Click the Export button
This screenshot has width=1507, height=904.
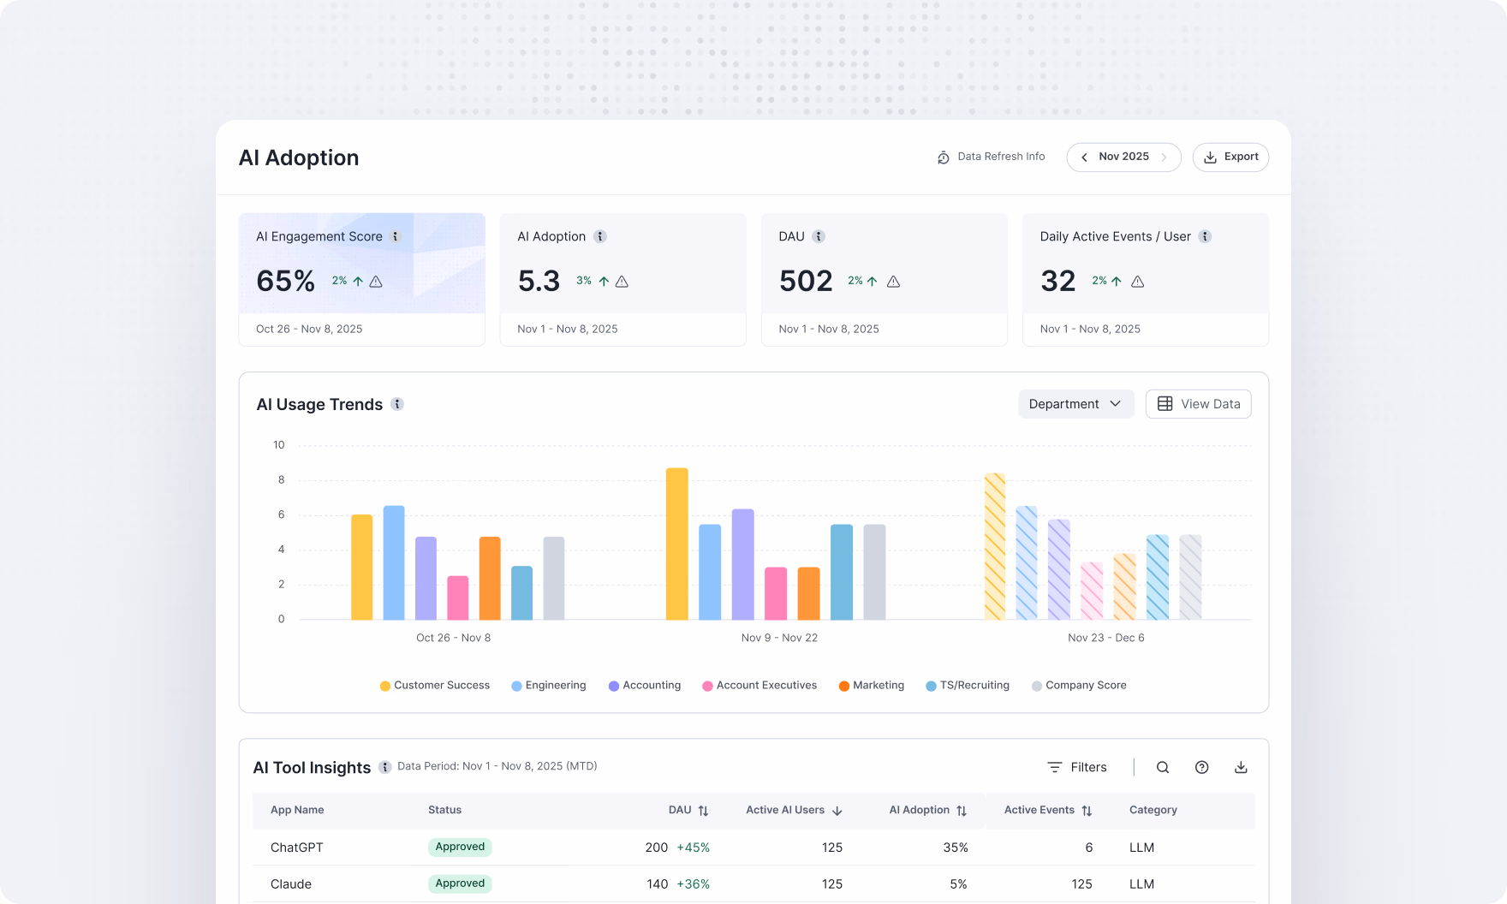point(1230,158)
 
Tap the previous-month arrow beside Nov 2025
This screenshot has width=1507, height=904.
point(1084,158)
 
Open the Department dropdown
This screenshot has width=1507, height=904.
point(1075,404)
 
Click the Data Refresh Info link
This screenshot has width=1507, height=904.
point(992,157)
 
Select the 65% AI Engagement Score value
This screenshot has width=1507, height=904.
point(286,281)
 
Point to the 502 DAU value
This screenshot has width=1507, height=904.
point(805,281)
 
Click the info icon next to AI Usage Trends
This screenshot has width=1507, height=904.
point(397,404)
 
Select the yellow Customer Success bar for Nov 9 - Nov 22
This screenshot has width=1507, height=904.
point(676,544)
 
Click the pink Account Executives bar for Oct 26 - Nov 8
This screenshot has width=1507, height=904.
point(458,598)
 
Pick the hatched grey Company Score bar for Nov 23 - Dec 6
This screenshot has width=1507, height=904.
point(1190,577)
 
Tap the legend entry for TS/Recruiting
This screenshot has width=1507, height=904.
point(968,686)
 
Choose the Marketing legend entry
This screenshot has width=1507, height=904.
point(872,686)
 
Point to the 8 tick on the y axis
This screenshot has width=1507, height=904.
point(281,480)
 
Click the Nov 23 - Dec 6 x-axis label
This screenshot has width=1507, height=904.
point(1105,638)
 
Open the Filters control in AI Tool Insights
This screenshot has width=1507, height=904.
point(1077,767)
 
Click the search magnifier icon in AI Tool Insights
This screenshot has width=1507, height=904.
point(1162,767)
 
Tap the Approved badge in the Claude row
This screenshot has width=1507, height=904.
point(460,883)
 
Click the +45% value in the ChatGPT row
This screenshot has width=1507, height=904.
point(693,847)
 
